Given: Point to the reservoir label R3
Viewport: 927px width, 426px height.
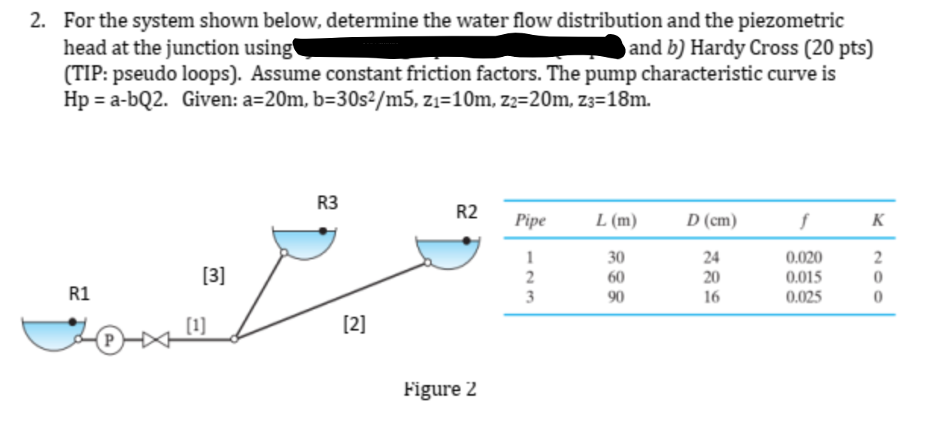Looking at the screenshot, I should [328, 202].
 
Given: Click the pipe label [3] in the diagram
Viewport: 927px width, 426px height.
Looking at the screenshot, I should [215, 274].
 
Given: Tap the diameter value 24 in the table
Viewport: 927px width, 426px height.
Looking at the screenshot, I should [711, 256].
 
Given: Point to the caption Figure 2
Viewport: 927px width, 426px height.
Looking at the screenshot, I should [440, 389].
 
